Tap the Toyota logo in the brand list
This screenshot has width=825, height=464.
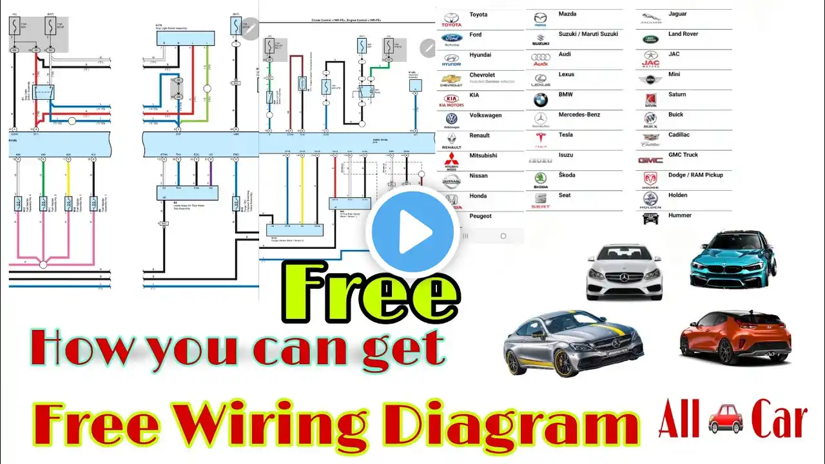(x=451, y=19)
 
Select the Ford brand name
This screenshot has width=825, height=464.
(x=476, y=35)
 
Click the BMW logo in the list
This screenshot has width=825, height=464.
(x=540, y=99)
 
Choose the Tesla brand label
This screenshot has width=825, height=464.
(x=566, y=135)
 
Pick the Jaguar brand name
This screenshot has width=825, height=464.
(x=677, y=14)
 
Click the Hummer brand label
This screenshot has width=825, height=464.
(x=680, y=215)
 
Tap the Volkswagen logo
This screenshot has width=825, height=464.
(x=451, y=119)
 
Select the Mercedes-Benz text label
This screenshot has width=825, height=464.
(x=579, y=115)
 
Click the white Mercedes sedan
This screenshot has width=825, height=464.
(x=624, y=272)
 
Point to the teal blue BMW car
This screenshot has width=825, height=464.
(x=733, y=260)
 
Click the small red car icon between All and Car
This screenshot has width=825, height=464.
(x=725, y=420)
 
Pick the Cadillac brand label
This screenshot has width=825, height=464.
(x=679, y=135)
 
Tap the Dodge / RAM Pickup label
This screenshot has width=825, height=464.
(x=695, y=175)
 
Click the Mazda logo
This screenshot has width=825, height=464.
(x=540, y=18)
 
